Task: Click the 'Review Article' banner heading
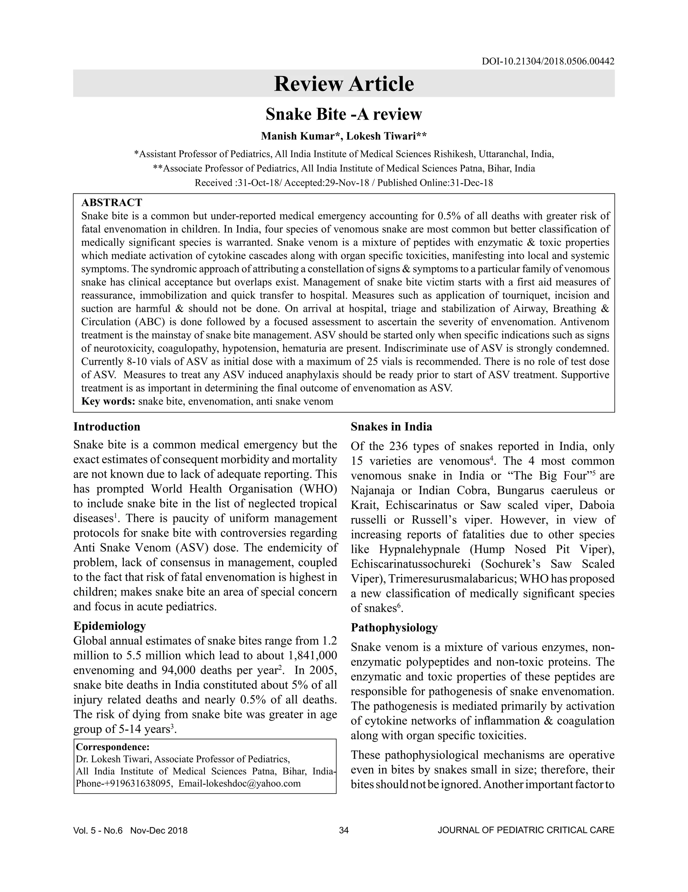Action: coord(344,84)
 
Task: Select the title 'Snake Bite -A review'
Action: coord(344,114)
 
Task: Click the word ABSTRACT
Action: coord(112,203)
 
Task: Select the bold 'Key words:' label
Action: coord(108,401)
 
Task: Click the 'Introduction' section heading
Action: coord(106,427)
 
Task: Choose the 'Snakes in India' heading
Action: coord(391,427)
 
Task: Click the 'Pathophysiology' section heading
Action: coord(394,627)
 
